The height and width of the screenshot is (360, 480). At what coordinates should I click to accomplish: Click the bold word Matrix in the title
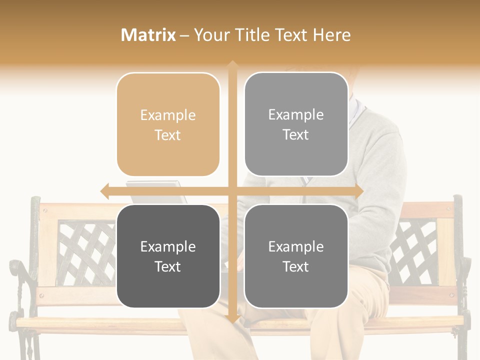pyautogui.click(x=148, y=35)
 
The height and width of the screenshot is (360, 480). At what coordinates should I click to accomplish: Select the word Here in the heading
pyautogui.click(x=332, y=35)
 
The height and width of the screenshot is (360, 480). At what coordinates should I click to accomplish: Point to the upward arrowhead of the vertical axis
pyautogui.click(x=232, y=65)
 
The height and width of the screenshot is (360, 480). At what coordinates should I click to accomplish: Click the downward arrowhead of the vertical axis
pyautogui.click(x=232, y=319)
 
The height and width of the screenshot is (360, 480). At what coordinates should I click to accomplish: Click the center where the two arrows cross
pyautogui.click(x=232, y=191)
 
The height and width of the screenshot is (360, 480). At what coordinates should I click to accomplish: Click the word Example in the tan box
pyautogui.click(x=168, y=115)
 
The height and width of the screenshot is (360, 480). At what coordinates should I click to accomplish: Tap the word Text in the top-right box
pyautogui.click(x=296, y=135)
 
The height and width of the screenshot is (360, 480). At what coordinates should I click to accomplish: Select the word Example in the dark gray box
pyautogui.click(x=168, y=246)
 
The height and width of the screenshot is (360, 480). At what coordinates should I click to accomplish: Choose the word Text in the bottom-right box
pyautogui.click(x=296, y=266)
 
